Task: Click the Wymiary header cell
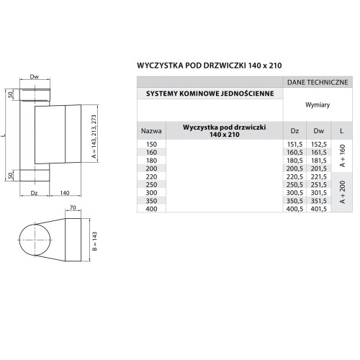pyautogui.click(x=318, y=105)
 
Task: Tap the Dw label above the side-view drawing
pyautogui.click(x=34, y=76)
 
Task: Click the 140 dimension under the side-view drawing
pyautogui.click(x=64, y=193)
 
